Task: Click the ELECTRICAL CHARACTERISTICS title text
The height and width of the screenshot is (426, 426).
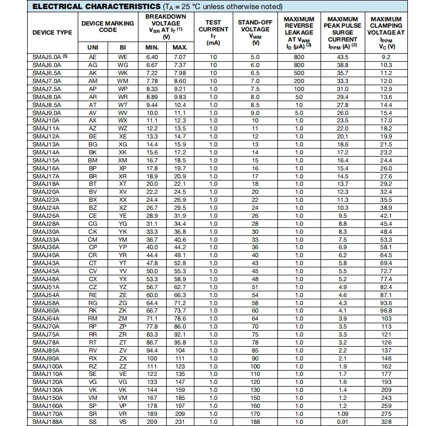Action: pos(96,6)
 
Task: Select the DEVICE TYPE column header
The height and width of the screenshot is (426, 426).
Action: pos(52,32)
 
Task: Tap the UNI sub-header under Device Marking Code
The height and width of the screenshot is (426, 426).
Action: pos(93,47)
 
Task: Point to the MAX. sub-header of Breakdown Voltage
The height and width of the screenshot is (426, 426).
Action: pos(180,47)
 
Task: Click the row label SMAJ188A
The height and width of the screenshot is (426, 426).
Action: pos(47,422)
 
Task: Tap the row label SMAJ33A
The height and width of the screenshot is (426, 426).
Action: pos(46,240)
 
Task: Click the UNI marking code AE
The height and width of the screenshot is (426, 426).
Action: pos(93,56)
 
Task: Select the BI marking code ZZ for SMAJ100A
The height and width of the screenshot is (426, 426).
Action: pos(123,366)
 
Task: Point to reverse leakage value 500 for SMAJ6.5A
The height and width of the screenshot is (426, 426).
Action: pos(299,73)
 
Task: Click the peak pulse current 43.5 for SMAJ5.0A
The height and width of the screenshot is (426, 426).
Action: pos(342,56)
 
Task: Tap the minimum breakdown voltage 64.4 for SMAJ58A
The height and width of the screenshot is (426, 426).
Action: pos(152,302)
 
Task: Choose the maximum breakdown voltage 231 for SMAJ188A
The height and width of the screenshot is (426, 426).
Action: pos(180,422)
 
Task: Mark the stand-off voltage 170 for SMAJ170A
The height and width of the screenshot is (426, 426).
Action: pos(255,414)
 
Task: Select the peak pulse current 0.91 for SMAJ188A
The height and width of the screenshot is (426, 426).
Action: pos(342,422)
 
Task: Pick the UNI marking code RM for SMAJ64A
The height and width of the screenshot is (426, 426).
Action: pos(93,318)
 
